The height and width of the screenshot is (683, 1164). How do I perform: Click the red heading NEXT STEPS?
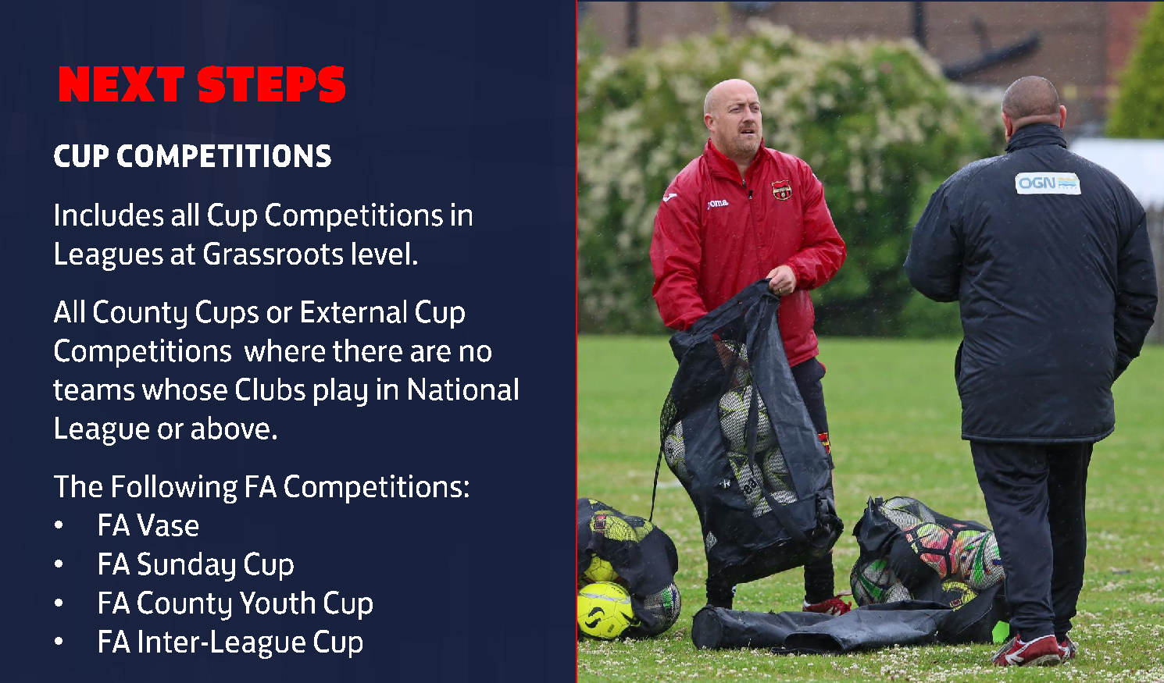pyautogui.click(x=202, y=84)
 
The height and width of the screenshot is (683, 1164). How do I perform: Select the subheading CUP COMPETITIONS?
pyautogui.click(x=192, y=156)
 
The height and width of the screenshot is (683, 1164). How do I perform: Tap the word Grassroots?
pyautogui.click(x=273, y=254)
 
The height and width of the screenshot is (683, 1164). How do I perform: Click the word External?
pyautogui.click(x=353, y=312)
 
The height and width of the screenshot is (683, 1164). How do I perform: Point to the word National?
pyautogui.click(x=463, y=390)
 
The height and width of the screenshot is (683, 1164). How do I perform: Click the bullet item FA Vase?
pyautogui.click(x=148, y=525)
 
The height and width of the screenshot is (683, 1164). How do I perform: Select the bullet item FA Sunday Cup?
pyautogui.click(x=195, y=565)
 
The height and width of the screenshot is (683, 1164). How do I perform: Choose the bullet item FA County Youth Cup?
pyautogui.click(x=235, y=603)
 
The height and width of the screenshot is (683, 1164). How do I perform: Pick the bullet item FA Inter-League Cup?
pyautogui.click(x=230, y=642)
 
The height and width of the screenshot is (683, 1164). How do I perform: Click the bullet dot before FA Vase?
pyautogui.click(x=59, y=525)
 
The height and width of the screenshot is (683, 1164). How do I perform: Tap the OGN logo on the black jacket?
pyautogui.click(x=1048, y=183)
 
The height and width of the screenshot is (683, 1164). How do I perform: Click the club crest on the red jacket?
pyautogui.click(x=781, y=190)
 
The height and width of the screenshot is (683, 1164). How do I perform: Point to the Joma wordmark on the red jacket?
pyautogui.click(x=718, y=203)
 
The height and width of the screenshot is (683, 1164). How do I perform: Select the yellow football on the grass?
pyautogui.click(x=606, y=610)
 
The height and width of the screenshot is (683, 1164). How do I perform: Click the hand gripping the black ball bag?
pyautogui.click(x=781, y=279)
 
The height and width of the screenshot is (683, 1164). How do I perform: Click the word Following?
pyautogui.click(x=173, y=487)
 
